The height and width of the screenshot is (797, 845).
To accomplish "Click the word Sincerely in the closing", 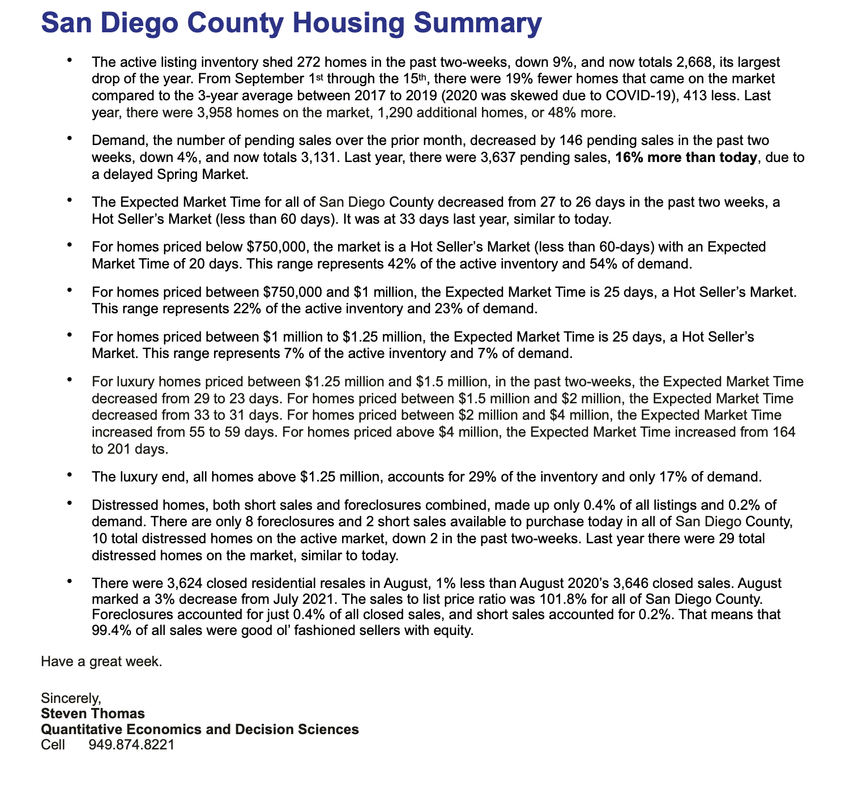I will (71, 698).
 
